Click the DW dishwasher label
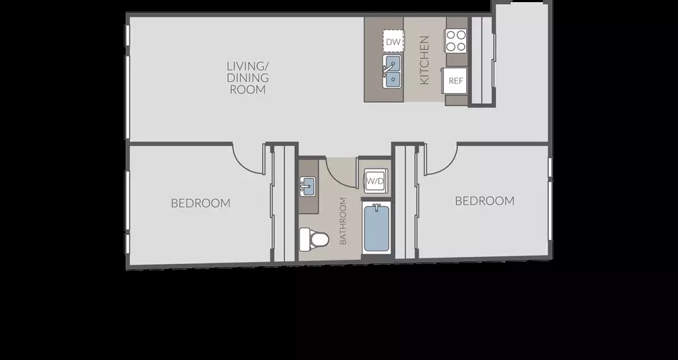pos(393,42)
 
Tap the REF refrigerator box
pos(454,80)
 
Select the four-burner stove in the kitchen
pos(456,41)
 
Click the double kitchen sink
pos(392,72)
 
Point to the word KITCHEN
pos(424,59)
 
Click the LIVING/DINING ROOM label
pos(248,78)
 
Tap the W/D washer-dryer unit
pos(375,181)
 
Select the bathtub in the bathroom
pos(377,228)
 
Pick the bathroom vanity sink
pos(307,186)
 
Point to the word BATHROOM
pos(343,221)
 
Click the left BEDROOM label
pos(201,203)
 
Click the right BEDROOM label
pos(484,201)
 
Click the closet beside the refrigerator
pos(481,60)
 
